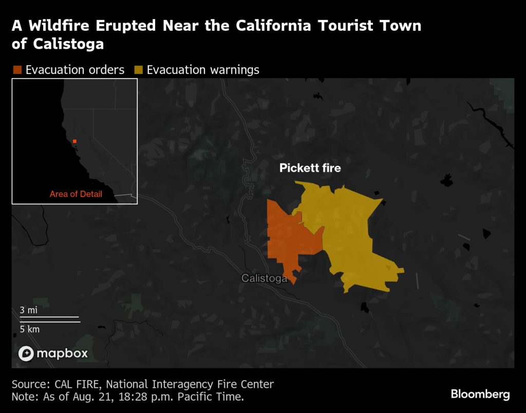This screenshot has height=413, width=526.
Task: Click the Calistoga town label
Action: point(264,278)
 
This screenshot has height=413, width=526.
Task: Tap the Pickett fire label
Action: point(310,168)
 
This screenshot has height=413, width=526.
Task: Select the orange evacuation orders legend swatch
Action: point(17,70)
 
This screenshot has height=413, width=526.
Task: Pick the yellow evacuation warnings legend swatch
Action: point(139,70)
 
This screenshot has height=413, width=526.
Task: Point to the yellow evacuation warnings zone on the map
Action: point(354,231)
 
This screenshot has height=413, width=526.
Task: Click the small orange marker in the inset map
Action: point(74,141)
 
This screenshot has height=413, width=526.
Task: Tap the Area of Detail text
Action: point(76,194)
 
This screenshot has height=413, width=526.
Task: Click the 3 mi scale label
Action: point(28,310)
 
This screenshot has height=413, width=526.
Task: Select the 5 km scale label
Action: point(30,329)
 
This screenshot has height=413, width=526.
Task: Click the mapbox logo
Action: point(53,353)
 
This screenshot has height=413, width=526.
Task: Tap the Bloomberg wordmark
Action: point(480,394)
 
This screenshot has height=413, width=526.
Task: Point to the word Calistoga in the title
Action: point(69,44)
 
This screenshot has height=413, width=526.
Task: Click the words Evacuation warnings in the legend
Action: point(203,70)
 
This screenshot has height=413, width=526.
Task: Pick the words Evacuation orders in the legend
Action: point(75,70)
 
